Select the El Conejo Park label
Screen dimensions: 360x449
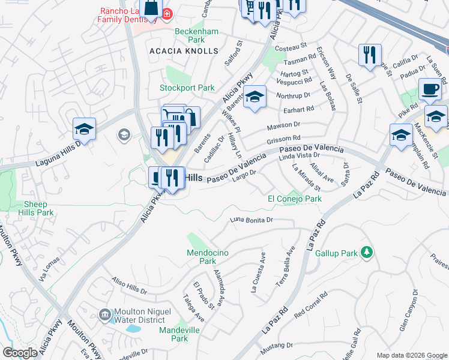tap(294, 199)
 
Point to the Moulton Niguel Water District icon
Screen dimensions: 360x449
tap(105, 314)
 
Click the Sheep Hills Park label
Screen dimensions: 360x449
tap(35, 208)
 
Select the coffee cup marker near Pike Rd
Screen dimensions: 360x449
tap(430, 90)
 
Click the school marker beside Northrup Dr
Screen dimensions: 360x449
tap(255, 97)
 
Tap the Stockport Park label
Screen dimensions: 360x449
tap(187, 88)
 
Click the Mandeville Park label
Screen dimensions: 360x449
tap(175, 334)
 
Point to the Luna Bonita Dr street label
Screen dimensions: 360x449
tap(252, 220)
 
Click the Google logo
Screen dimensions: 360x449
tap(20, 353)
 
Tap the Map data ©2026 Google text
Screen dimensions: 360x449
tap(412, 355)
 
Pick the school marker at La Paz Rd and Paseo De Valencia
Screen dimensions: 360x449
tap(400, 136)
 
